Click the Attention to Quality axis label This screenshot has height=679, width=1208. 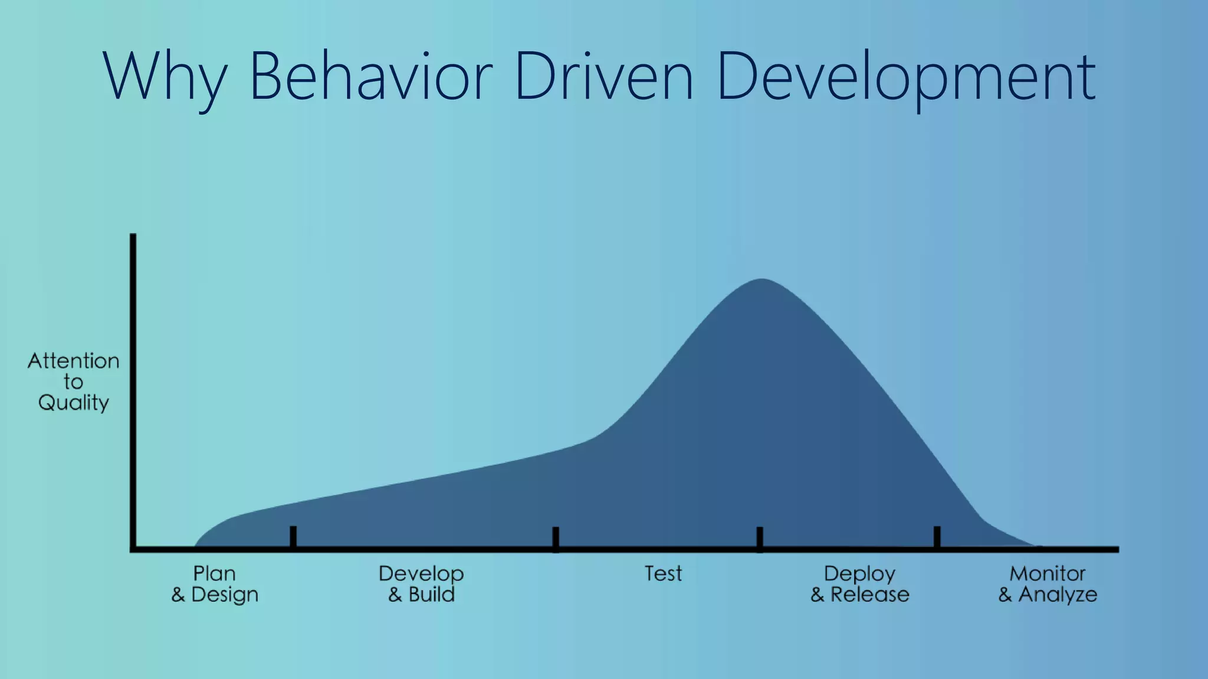[x=74, y=381]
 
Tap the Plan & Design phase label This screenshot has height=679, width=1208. [x=215, y=584]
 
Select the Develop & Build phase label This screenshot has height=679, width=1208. [x=421, y=584]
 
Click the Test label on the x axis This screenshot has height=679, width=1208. [x=663, y=573]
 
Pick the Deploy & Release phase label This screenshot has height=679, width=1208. [x=860, y=584]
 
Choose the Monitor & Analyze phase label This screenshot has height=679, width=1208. [x=1048, y=584]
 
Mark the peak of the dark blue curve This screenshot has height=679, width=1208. [x=762, y=281]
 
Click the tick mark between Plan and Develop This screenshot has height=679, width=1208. [x=293, y=536]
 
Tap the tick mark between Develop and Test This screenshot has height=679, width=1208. [x=556, y=538]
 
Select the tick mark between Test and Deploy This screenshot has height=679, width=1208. [x=760, y=538]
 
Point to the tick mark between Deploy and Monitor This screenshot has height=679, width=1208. [x=937, y=536]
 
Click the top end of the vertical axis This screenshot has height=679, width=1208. [x=133, y=236]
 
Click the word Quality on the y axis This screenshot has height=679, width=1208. [x=74, y=403]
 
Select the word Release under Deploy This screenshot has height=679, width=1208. [x=870, y=594]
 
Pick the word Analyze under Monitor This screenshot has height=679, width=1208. [x=1058, y=594]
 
